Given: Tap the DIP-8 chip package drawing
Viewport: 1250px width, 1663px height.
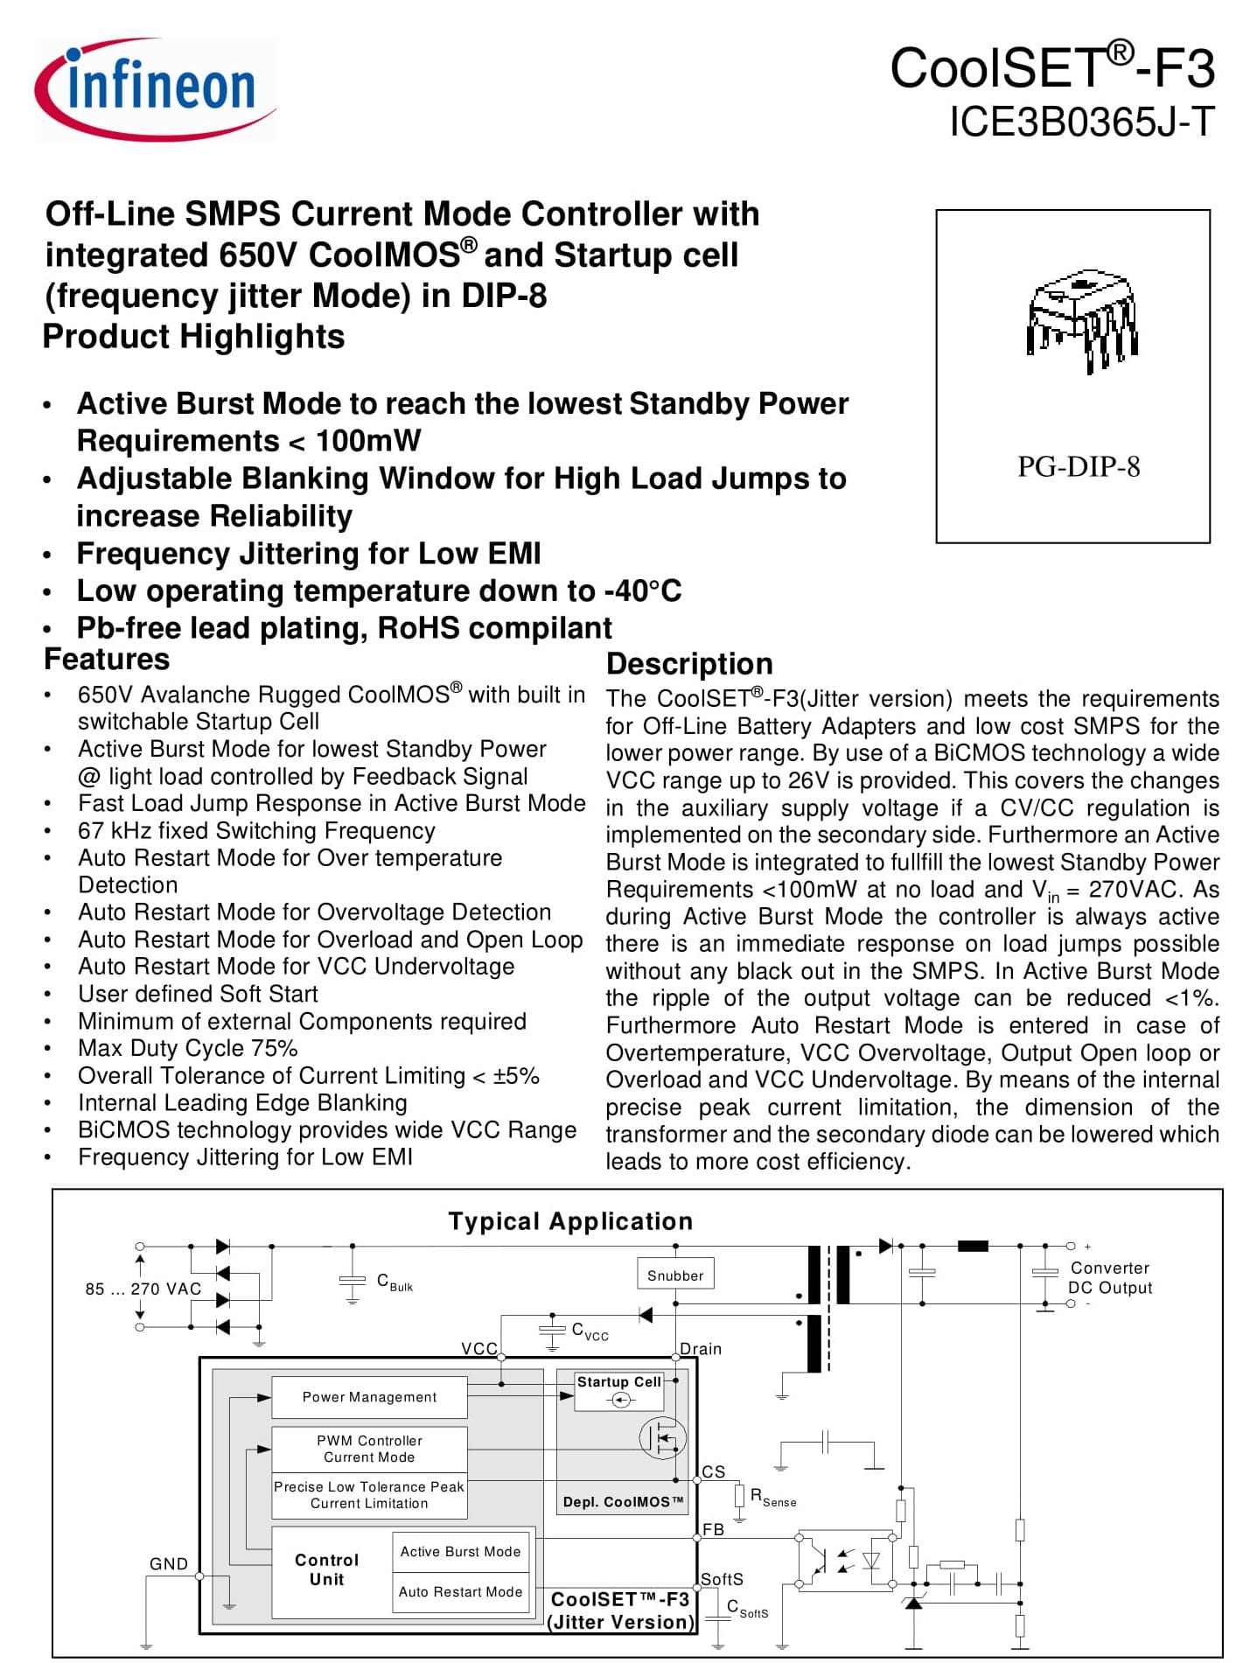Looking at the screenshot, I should (x=1082, y=320).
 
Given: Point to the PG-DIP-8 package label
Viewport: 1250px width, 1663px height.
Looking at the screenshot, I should (x=1078, y=467).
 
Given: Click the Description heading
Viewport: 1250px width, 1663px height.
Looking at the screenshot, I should (x=689, y=664).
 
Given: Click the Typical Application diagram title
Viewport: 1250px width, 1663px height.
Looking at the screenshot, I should (x=570, y=1221).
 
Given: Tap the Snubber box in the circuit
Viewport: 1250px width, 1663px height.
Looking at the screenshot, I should (x=675, y=1275).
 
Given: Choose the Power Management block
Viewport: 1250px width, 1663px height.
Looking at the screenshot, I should (x=369, y=1397).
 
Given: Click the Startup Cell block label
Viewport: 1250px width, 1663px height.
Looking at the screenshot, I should (x=618, y=1382).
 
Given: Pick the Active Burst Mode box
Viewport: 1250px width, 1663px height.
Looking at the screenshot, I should (x=460, y=1551).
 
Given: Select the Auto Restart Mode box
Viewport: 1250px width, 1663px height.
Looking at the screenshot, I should (x=460, y=1592).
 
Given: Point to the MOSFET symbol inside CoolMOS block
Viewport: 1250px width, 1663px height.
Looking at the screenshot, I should (x=661, y=1437).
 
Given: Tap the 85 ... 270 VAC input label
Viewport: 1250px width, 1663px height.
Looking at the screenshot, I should (x=143, y=1289).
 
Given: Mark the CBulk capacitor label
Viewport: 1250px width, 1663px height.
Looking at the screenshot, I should (x=395, y=1282).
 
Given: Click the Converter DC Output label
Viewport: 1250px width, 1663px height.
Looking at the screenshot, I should (x=1109, y=1278).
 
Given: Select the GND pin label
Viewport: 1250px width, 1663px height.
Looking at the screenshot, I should (x=169, y=1564).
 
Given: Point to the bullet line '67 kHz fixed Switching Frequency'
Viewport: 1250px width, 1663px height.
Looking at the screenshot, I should (x=256, y=831).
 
